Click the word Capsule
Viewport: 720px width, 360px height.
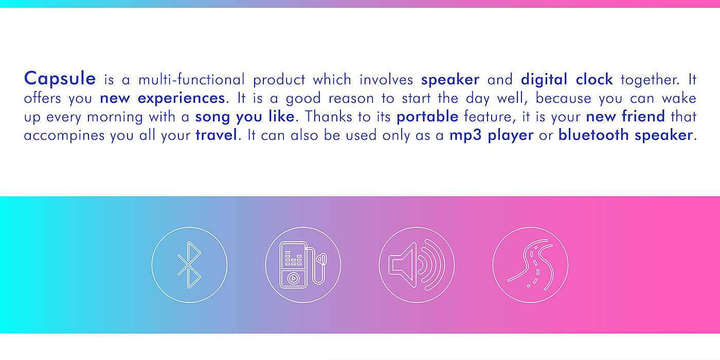[60, 78]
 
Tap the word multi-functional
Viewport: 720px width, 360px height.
[191, 79]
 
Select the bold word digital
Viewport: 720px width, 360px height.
[544, 79]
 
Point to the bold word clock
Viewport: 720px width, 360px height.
[595, 79]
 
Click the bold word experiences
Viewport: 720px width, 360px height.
[181, 98]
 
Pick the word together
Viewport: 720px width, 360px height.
[650, 80]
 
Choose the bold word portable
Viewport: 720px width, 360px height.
[427, 116]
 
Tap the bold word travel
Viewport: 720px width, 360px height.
[217, 135]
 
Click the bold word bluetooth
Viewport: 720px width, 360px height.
[593, 135]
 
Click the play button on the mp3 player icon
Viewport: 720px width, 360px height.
[293, 278]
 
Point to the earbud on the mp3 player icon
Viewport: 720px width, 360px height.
[322, 259]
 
